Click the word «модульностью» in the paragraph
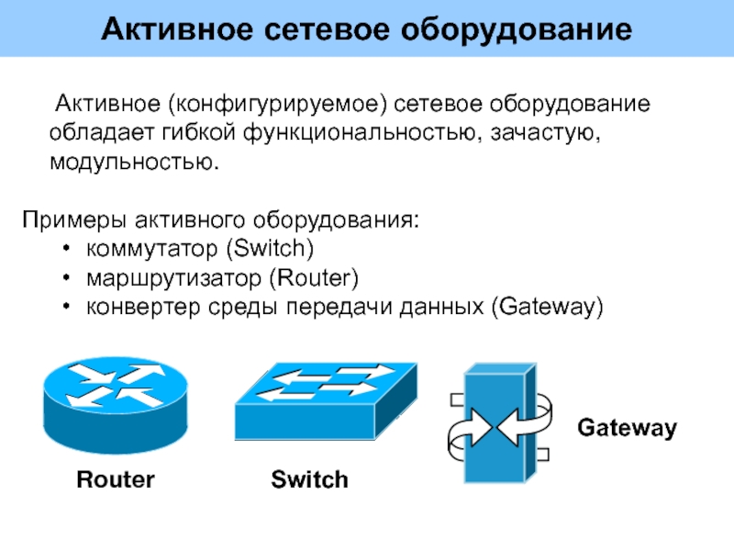pos(135,164)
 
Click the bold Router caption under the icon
pos(116,479)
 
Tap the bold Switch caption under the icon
pos(309,479)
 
